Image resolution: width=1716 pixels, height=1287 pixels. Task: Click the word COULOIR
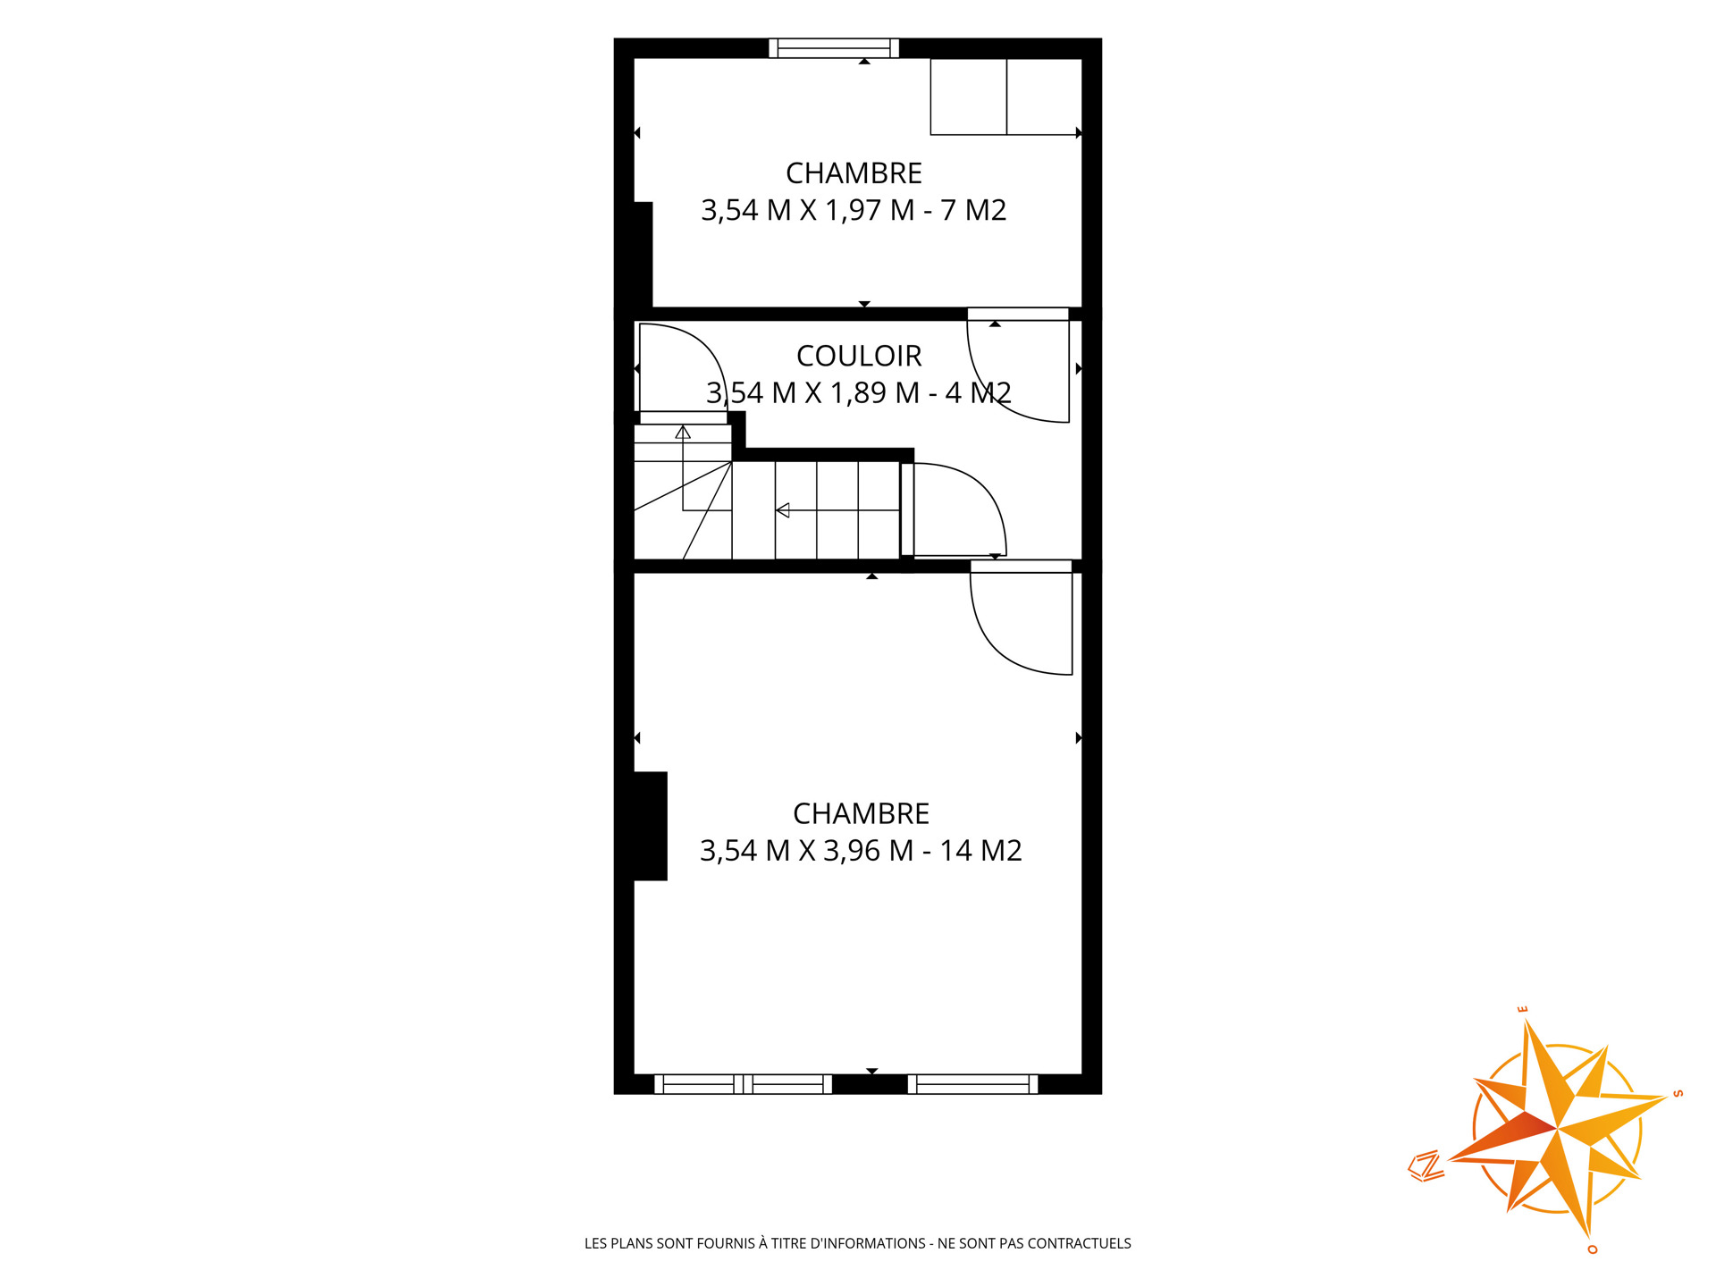click(859, 356)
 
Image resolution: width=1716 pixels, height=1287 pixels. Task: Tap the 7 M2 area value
click(973, 210)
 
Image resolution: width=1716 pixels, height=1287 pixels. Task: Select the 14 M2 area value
click(980, 850)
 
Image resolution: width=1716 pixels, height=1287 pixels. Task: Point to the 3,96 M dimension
click(868, 850)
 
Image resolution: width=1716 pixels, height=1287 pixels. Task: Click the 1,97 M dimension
click(870, 210)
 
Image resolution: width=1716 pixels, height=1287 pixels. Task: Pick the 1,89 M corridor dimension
click(875, 392)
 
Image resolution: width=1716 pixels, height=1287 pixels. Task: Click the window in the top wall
click(834, 48)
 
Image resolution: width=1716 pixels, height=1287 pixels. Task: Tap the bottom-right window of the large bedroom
click(972, 1084)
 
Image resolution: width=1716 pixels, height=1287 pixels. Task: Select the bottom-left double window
click(743, 1084)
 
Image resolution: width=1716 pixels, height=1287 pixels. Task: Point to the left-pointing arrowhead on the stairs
click(783, 510)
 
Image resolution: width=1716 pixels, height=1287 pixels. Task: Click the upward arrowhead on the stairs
click(683, 433)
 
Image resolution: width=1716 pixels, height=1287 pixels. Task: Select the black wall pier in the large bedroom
click(651, 826)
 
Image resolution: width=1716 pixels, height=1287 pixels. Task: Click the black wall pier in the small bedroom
click(643, 255)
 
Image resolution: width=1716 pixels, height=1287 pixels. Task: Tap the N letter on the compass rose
click(1426, 1166)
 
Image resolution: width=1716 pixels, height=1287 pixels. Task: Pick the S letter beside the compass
click(1678, 1093)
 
